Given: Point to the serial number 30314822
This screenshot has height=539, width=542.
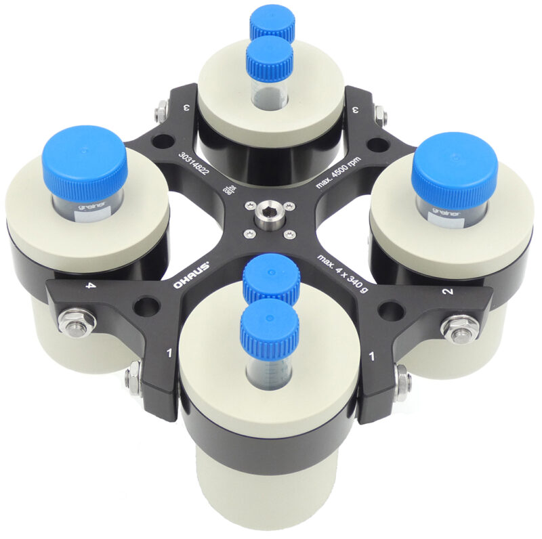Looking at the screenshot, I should [194, 170].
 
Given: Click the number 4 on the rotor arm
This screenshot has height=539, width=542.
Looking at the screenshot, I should [88, 286].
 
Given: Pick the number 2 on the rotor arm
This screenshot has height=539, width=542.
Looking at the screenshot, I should [447, 292].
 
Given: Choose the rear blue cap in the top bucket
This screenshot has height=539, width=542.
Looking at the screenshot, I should [272, 22].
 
